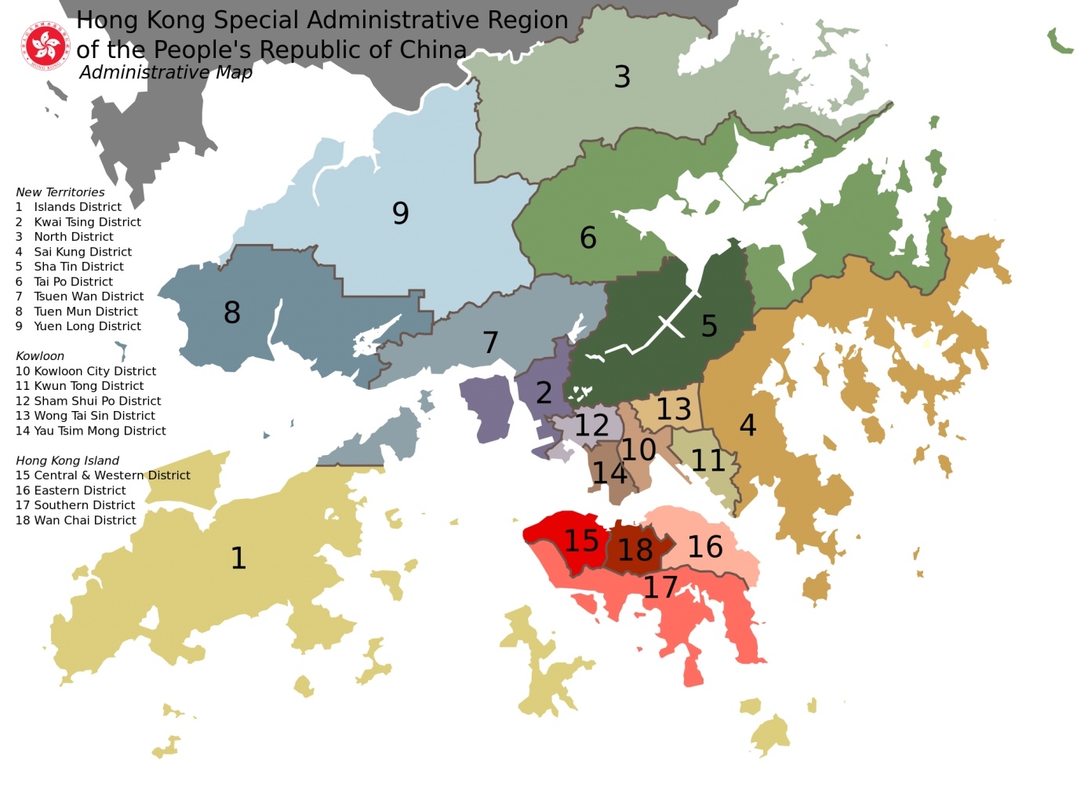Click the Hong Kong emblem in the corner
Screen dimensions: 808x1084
[x=46, y=45]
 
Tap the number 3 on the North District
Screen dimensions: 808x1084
[x=622, y=77]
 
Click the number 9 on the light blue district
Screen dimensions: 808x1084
[x=400, y=213]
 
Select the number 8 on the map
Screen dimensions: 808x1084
[x=231, y=312]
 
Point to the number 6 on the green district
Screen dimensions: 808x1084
[x=587, y=238]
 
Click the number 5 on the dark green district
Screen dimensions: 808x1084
[x=709, y=326]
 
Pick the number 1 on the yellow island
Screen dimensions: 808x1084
[x=238, y=558]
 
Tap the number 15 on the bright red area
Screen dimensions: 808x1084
[x=581, y=540]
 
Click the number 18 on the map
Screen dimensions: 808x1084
[x=635, y=550]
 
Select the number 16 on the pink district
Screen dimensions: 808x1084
[x=704, y=547]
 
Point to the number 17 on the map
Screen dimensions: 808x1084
[x=660, y=587]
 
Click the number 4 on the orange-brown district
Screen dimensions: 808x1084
[x=748, y=425]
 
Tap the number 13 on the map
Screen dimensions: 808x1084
[x=674, y=409]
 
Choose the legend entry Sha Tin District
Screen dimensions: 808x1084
[x=78, y=267]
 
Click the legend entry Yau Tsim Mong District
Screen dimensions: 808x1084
[x=100, y=431]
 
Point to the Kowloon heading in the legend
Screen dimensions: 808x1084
[x=40, y=356]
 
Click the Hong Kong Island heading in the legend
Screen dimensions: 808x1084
[x=67, y=460]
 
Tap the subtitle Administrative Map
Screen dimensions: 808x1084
[x=166, y=73]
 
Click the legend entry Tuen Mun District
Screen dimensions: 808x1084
[x=85, y=311]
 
